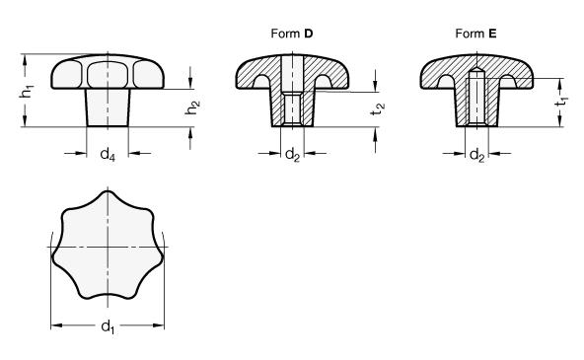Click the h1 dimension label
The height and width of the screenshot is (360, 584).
pos(27,91)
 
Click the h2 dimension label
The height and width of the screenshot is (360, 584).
pos(192,108)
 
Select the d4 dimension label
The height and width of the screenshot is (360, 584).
pos(108,154)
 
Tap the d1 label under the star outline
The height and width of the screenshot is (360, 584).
pos(108,327)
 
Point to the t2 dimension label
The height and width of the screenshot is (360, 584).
pos(378,109)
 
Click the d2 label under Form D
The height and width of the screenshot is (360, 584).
pos(292,154)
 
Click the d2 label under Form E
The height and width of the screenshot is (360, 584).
pos(476,154)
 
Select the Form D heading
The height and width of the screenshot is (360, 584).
pos(292,34)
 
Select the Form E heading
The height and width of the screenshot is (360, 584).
pos(476,34)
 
